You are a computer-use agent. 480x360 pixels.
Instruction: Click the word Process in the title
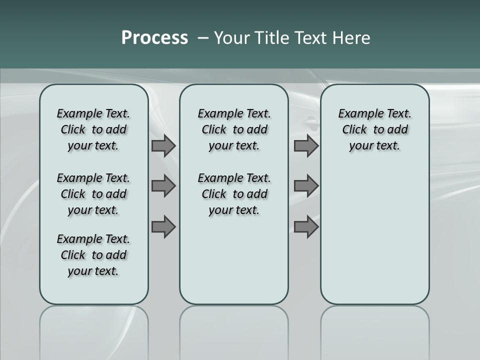click(x=154, y=38)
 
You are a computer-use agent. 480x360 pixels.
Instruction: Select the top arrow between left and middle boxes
click(x=163, y=145)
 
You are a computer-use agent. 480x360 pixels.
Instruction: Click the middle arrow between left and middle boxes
click(x=163, y=186)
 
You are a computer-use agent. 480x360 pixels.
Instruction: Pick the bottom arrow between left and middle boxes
click(x=163, y=227)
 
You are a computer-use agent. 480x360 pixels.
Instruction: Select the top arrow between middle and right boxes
click(x=306, y=145)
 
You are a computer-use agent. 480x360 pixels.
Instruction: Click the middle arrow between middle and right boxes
click(x=306, y=186)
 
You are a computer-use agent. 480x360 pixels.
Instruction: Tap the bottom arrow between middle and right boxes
click(x=306, y=227)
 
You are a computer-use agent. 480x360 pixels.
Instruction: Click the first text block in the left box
click(x=93, y=129)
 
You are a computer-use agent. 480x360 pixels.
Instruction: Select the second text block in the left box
click(x=93, y=194)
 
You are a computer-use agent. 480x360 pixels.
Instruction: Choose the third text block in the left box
click(x=93, y=255)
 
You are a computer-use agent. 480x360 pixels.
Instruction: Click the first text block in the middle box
click(x=234, y=129)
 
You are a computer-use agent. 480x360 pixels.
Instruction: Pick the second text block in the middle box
click(x=234, y=194)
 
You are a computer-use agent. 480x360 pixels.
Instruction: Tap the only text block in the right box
click(x=374, y=129)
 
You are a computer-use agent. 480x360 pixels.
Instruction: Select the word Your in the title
click(x=232, y=38)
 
